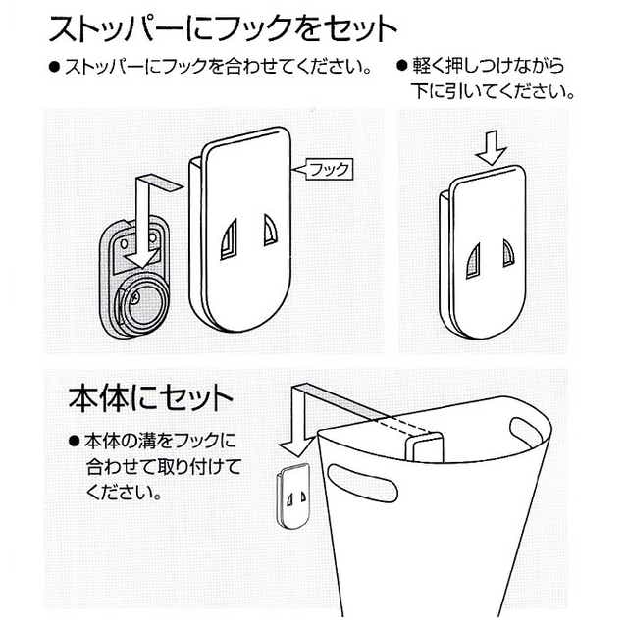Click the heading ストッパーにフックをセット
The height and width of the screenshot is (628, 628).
[x=223, y=28]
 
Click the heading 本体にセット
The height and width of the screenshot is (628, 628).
[x=150, y=398]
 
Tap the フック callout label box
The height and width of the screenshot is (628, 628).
[x=330, y=170]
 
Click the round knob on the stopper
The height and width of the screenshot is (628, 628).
[x=142, y=299]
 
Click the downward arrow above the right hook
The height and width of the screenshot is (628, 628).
[x=493, y=147]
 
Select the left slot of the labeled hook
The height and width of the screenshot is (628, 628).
[x=229, y=239]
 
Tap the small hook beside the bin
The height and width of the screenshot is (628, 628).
[x=294, y=497]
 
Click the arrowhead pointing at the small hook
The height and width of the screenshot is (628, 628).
[x=295, y=447]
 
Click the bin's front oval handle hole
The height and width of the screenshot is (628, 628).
[x=362, y=483]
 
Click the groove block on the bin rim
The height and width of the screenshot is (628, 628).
[x=425, y=447]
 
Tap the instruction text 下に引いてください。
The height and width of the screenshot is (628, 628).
[x=493, y=91]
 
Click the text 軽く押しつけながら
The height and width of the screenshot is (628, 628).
[x=489, y=66]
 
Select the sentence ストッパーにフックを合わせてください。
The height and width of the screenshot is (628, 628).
[x=219, y=67]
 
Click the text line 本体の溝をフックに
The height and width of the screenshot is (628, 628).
[x=160, y=442]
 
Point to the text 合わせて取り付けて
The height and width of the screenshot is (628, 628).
[x=164, y=467]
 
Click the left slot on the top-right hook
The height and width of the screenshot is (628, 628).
[x=473, y=261]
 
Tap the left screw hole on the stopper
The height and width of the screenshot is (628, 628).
[x=125, y=243]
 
